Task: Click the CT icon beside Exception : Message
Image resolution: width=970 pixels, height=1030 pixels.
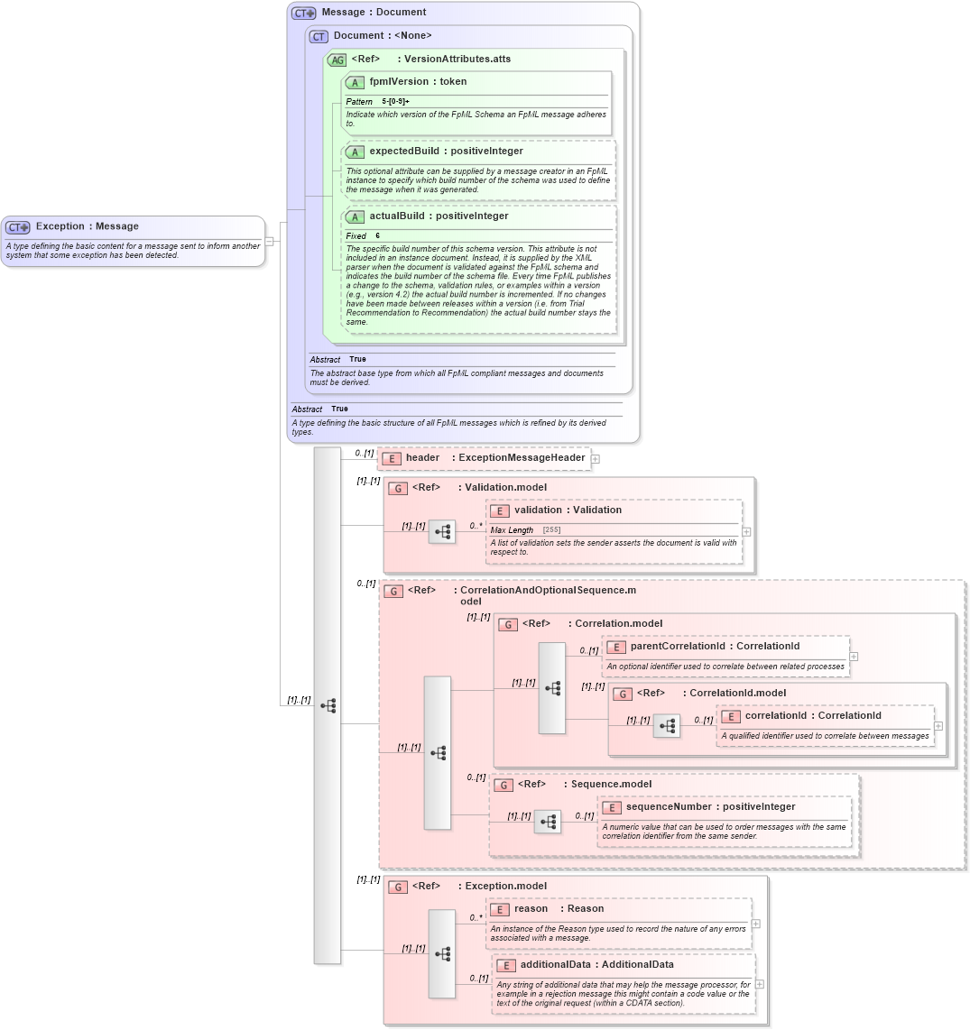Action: (18, 227)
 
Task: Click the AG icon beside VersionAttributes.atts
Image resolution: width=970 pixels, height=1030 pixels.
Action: (337, 60)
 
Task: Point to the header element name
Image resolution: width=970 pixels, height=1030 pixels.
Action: (422, 458)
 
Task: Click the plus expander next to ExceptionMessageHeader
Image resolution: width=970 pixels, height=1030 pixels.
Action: (596, 459)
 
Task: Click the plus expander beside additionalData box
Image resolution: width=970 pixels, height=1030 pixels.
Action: (761, 984)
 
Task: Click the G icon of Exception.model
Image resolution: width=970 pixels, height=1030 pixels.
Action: (398, 887)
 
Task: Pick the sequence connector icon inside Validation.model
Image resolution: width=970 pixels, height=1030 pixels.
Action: (442, 532)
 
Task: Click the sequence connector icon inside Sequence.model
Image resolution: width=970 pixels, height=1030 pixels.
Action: (548, 822)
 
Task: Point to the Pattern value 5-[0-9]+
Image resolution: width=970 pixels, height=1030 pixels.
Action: (395, 102)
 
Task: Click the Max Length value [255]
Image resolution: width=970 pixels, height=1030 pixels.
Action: (551, 530)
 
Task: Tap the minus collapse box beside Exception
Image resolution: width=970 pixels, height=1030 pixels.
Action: (269, 241)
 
